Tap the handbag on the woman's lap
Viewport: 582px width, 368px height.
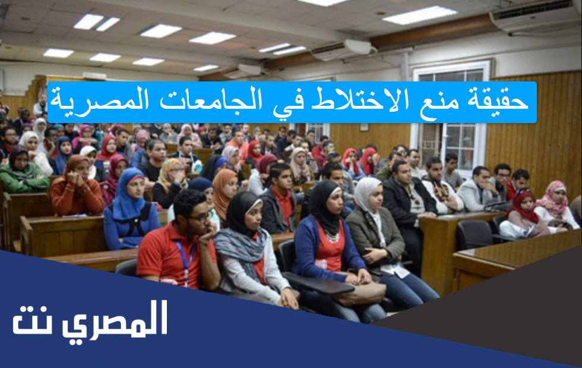[x=359, y=292]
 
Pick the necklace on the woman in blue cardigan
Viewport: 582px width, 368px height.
[x=332, y=236]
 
